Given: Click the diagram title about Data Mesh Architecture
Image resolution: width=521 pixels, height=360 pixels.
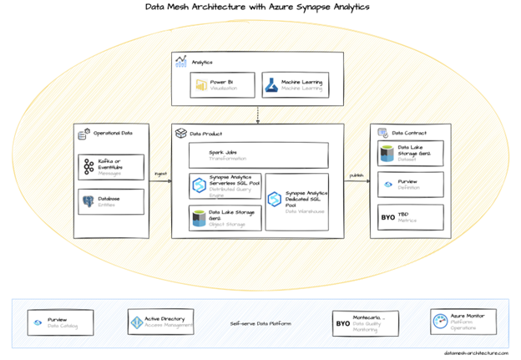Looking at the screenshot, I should coord(260,8).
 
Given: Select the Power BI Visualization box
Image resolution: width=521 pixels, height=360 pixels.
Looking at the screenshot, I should coord(221,84).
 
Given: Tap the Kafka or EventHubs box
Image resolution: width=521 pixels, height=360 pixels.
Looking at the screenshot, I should coord(110,166).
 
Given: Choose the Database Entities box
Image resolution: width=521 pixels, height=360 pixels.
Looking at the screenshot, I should coord(110,200).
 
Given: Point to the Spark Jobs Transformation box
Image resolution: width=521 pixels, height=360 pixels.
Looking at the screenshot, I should coord(257,155).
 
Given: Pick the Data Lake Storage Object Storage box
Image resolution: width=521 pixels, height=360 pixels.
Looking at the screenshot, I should coord(225,217).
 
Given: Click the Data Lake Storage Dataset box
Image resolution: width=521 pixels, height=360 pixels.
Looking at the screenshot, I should coord(410,153).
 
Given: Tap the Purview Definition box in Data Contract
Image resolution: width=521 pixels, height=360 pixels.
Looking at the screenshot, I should coord(410,185).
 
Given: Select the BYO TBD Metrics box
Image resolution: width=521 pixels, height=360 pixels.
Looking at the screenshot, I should coord(410,217).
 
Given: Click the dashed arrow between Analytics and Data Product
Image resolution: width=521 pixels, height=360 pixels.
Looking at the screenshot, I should coord(258,114).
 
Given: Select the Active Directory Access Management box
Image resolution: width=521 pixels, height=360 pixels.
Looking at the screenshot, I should coord(161,322).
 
